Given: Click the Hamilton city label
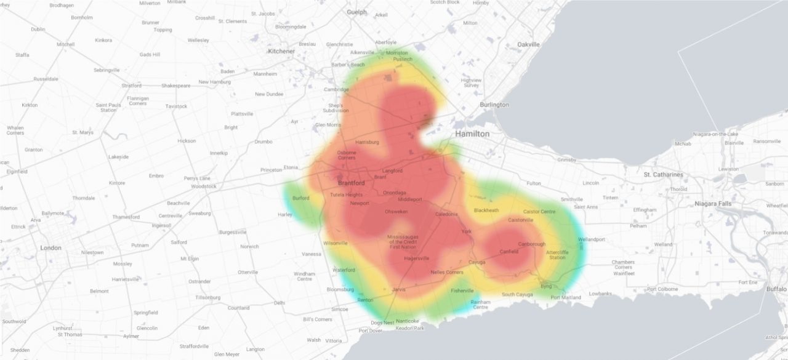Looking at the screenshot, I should (x=472, y=134).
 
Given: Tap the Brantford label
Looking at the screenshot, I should (x=352, y=183).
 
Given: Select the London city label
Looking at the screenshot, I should (x=50, y=248).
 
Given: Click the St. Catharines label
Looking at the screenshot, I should (x=663, y=175).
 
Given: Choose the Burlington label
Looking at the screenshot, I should (x=494, y=105).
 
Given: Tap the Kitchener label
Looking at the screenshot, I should (x=281, y=51).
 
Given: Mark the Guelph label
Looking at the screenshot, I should (x=356, y=12).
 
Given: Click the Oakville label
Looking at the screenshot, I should (x=528, y=44).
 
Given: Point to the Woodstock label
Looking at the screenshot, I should (x=204, y=186).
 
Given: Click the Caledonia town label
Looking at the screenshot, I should (x=446, y=214).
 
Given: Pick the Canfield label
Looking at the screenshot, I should (x=509, y=252).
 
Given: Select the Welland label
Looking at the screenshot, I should (x=664, y=244).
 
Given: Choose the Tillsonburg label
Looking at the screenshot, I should (x=207, y=297).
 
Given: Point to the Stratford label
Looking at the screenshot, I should (x=131, y=86).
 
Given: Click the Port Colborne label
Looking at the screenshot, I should (x=662, y=289).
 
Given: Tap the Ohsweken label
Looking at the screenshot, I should (x=396, y=211).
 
